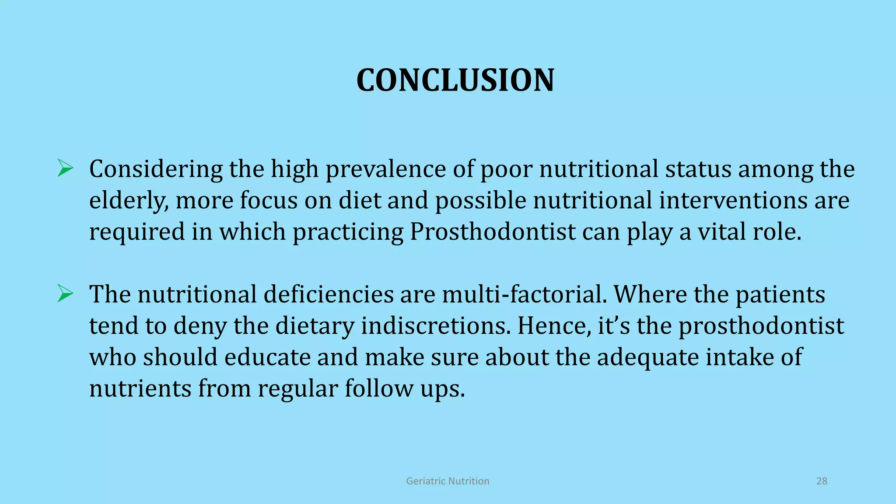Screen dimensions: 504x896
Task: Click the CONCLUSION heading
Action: pos(455,80)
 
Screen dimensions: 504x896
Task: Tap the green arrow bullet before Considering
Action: pos(65,168)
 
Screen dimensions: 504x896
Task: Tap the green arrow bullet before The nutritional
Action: pos(65,294)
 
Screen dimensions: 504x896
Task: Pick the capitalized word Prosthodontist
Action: pos(493,232)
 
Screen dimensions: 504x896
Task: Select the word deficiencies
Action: pos(329,294)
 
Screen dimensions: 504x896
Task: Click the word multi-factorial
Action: pos(525,294)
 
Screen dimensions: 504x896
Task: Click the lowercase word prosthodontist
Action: pos(761,326)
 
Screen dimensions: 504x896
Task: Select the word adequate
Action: pos(648,357)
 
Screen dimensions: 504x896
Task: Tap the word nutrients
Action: pos(140,388)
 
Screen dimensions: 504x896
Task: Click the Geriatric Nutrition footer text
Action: pos(448,481)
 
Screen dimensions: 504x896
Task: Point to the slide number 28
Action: pos(822,481)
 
